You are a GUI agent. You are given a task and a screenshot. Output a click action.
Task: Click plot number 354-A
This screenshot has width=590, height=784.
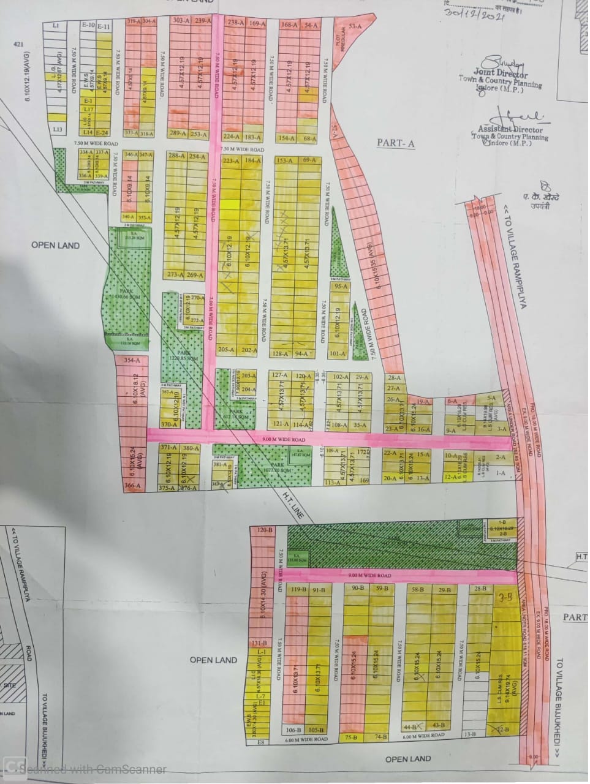[x=132, y=361]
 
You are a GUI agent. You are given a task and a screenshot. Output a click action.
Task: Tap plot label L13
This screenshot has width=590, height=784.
[x=58, y=129]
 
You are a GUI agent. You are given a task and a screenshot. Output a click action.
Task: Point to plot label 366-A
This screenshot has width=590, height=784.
[x=132, y=486]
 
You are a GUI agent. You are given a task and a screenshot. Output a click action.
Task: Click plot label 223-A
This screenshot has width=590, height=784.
[x=230, y=161]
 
